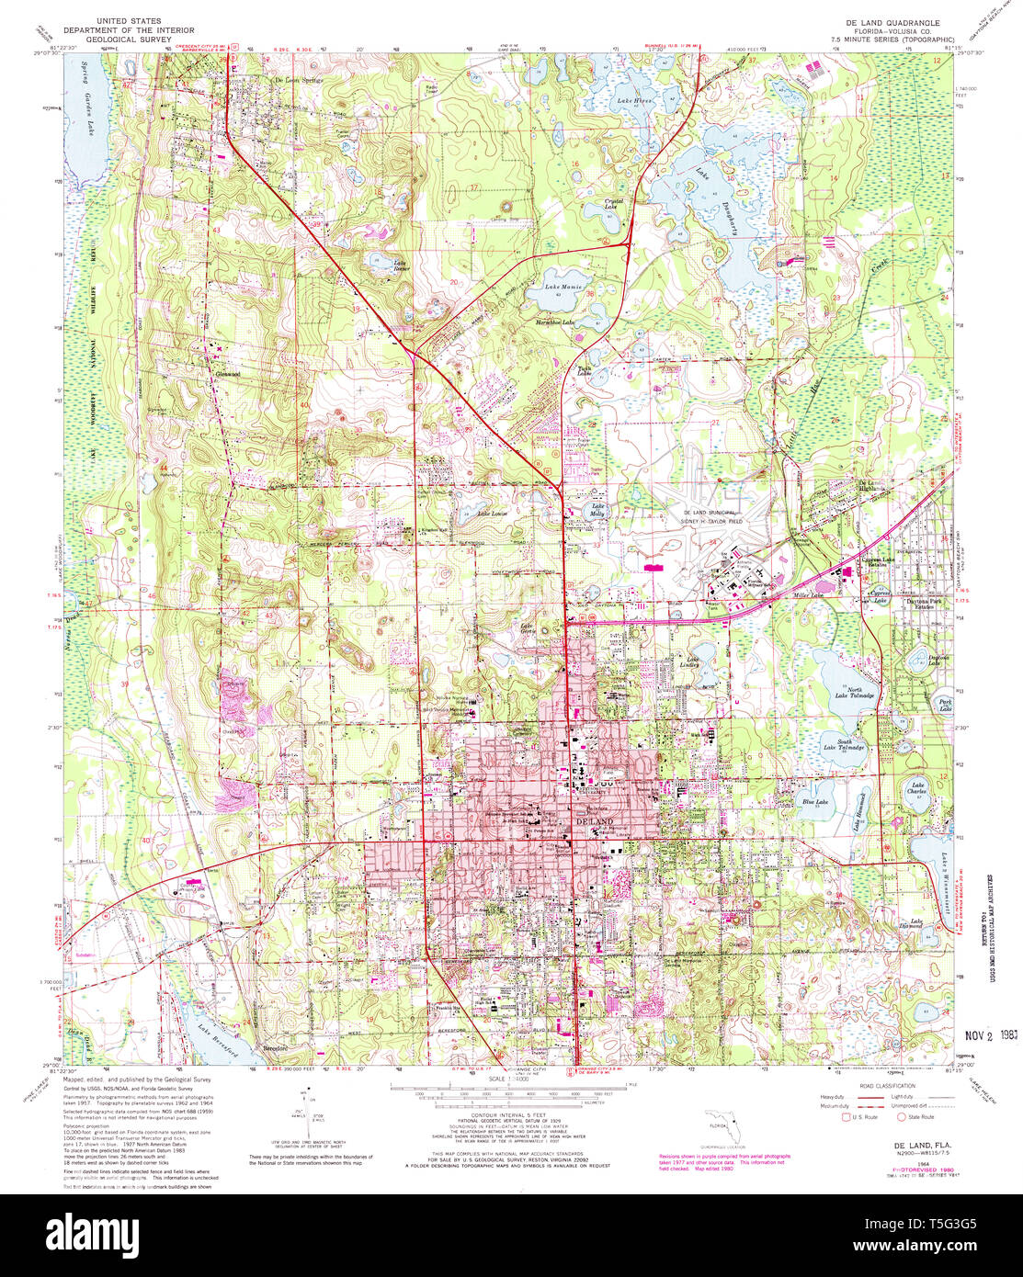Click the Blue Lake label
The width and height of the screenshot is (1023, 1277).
(x=814, y=802)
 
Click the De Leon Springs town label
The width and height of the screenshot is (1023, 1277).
(x=300, y=80)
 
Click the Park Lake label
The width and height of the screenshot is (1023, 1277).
(x=944, y=706)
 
